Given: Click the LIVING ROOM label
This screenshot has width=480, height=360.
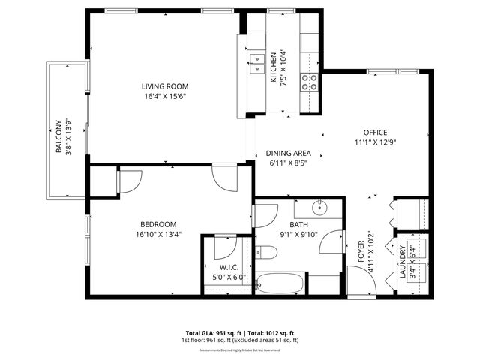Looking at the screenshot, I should coord(166,85).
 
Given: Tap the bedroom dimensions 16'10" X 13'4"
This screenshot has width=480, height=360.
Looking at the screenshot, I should coord(158,234).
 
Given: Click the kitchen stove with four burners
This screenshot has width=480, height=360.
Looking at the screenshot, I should coord(309,82).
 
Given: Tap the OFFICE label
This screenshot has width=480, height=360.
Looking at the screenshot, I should coord(375,132).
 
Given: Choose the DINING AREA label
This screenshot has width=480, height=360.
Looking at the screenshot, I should coord(289,153).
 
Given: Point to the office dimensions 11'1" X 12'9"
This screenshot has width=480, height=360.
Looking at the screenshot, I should coord(375,142).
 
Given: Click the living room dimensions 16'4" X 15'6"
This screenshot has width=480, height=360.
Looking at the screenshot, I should coord(166,96).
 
